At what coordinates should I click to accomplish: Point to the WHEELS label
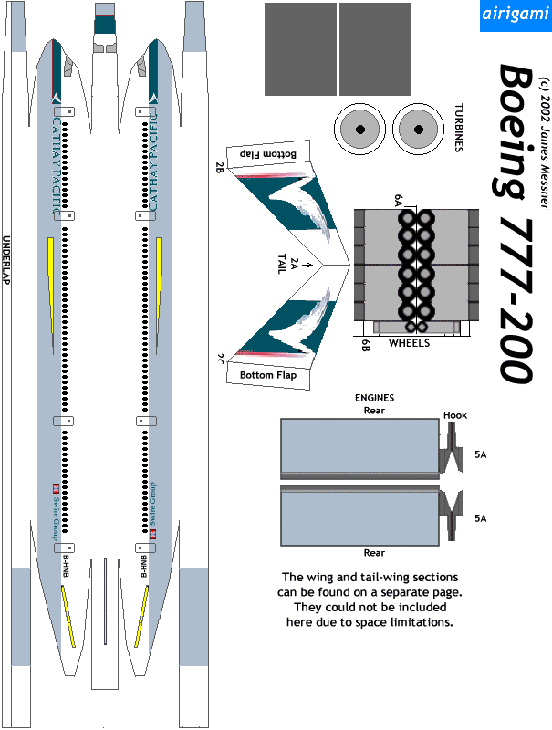(409, 344)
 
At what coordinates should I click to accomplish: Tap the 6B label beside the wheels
(365, 344)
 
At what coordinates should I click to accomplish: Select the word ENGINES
(374, 398)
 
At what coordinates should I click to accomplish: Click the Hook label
(454, 415)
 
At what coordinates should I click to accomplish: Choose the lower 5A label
(481, 517)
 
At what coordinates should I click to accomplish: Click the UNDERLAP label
(6, 261)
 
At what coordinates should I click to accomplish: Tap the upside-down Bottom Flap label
(272, 153)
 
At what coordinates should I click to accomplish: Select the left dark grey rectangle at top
(299, 49)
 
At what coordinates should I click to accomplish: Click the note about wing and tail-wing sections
(370, 600)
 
